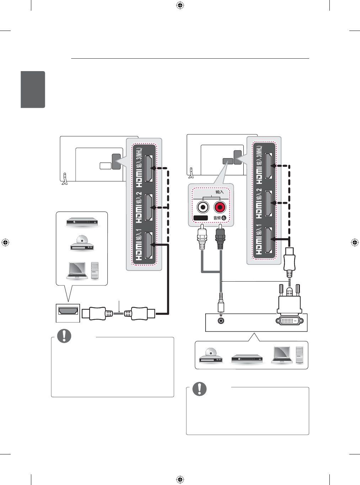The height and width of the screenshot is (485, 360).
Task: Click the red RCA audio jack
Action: [x=220, y=207]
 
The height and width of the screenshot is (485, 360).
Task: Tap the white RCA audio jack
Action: [x=203, y=207]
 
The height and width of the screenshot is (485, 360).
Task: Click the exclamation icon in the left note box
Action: [x=64, y=336]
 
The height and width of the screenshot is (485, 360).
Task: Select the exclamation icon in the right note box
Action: [x=200, y=389]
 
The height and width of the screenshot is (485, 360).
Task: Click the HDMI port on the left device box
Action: [x=68, y=311]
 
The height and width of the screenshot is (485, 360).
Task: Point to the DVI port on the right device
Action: [x=289, y=320]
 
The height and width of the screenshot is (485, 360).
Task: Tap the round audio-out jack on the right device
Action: [x=221, y=321]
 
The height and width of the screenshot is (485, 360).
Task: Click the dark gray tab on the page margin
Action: [x=33, y=89]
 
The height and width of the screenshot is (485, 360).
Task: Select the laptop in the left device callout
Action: [x=77, y=270]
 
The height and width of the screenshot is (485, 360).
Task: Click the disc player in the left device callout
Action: [x=82, y=243]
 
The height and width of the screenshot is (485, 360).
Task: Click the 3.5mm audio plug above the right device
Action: [x=221, y=304]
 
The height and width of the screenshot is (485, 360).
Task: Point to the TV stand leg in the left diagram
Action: [x=64, y=178]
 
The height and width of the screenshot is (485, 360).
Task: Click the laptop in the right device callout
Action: [x=282, y=355]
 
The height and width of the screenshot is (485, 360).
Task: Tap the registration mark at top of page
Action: [x=180, y=5]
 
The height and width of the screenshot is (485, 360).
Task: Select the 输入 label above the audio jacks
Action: [x=219, y=192]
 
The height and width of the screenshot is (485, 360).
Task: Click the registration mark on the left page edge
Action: [x=5, y=242]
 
